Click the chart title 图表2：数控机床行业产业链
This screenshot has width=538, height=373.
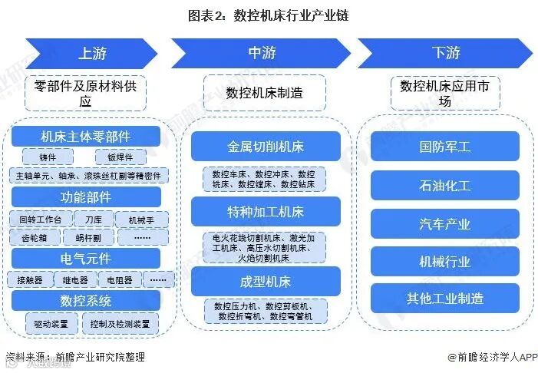(269, 15)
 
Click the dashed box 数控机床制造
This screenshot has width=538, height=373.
(264, 93)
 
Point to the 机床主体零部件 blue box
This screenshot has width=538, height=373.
(85, 137)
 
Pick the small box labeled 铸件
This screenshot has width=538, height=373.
(47, 157)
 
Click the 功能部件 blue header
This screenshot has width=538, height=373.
(85, 197)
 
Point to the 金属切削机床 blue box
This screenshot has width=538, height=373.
(265, 146)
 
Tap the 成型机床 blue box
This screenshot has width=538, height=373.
(265, 282)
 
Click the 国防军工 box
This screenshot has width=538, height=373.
(445, 146)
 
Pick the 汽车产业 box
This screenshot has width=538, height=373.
(445, 223)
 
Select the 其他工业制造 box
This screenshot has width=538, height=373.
(445, 298)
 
